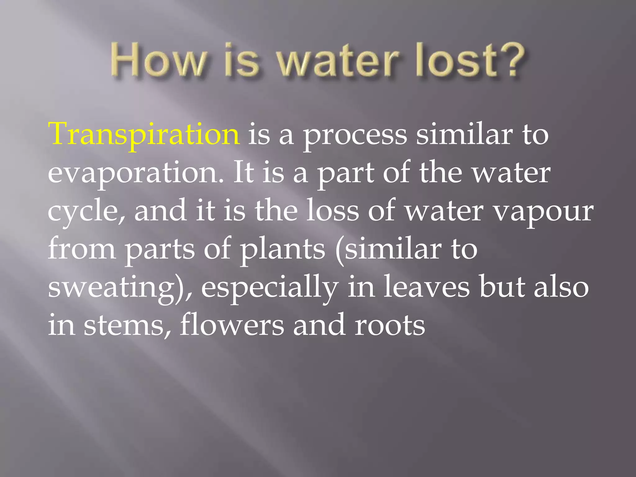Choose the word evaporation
click(x=135, y=173)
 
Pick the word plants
click(x=283, y=250)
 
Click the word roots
click(x=390, y=326)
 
